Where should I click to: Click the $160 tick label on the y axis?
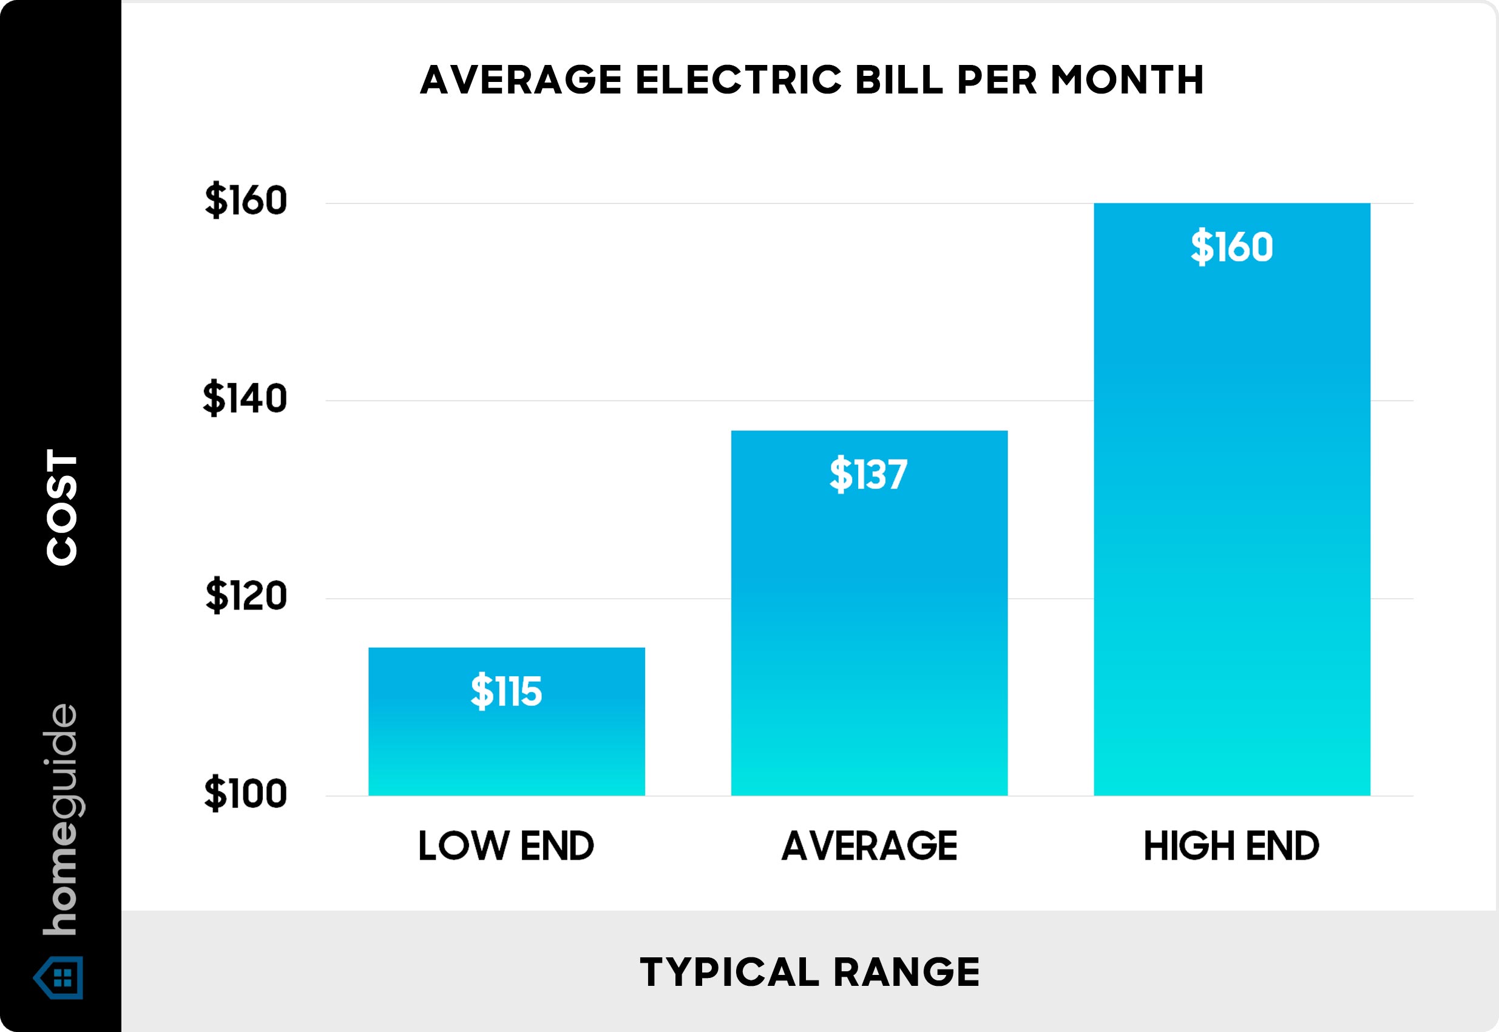click(x=246, y=200)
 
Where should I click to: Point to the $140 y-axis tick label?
click(x=245, y=398)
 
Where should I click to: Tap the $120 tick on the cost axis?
click(x=246, y=596)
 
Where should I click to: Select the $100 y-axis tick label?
click(x=245, y=793)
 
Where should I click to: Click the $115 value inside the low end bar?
click(x=506, y=691)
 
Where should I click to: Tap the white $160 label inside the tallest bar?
click(x=1231, y=246)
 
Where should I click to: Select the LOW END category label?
click(x=506, y=846)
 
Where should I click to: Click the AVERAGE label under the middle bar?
click(x=870, y=846)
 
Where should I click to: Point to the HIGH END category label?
click(x=1231, y=846)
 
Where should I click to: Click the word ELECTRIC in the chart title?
click(x=739, y=80)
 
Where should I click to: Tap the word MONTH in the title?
click(x=1128, y=80)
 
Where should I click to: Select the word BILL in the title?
click(x=899, y=80)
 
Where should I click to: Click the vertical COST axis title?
click(x=61, y=508)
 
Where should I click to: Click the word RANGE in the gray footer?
click(x=907, y=973)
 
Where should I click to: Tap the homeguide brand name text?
click(x=61, y=820)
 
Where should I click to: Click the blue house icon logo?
click(x=59, y=978)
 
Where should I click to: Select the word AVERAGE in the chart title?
click(x=521, y=80)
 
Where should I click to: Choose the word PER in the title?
click(x=997, y=80)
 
